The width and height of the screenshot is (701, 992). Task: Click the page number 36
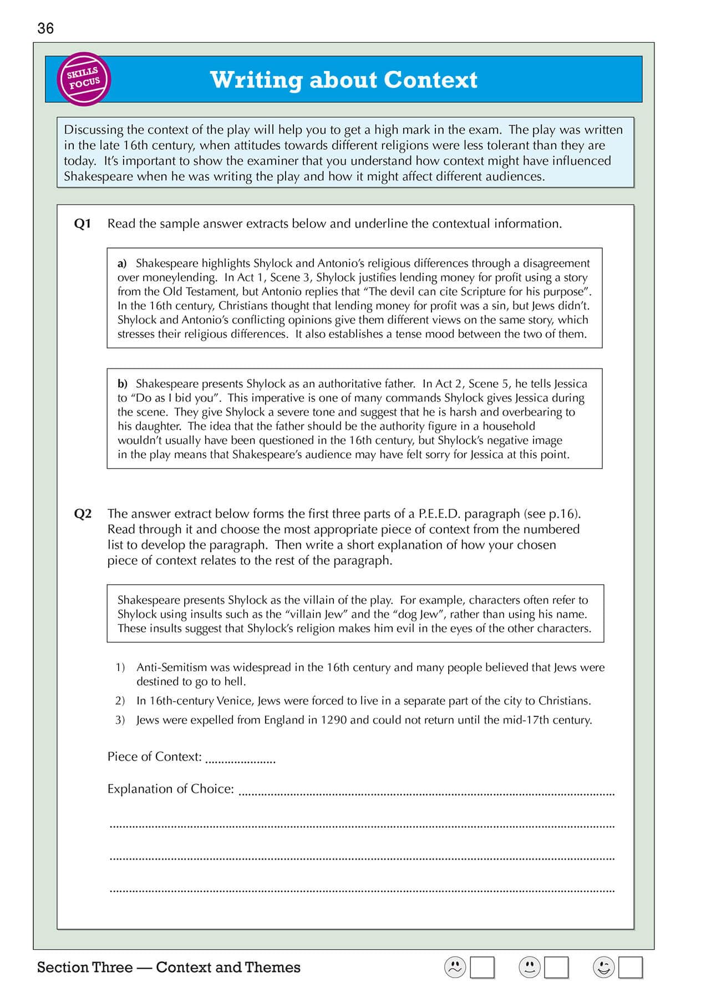(45, 28)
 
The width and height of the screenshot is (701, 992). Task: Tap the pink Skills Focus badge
(84, 79)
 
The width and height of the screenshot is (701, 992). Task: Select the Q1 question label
(82, 224)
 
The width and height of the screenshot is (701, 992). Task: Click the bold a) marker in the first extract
(122, 264)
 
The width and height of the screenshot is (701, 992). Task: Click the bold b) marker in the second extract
(122, 384)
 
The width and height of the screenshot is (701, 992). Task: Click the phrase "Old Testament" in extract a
(195, 292)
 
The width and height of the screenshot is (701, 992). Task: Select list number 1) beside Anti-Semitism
(120, 667)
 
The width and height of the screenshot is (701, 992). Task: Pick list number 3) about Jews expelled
(120, 720)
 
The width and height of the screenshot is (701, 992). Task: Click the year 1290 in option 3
(334, 720)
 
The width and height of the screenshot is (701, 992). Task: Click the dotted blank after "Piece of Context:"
(240, 759)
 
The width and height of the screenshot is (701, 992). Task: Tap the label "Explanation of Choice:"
(171, 789)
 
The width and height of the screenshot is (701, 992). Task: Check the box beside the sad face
(482, 968)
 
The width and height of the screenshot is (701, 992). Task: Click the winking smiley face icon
(604, 968)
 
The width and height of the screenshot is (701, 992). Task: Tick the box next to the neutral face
(556, 968)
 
